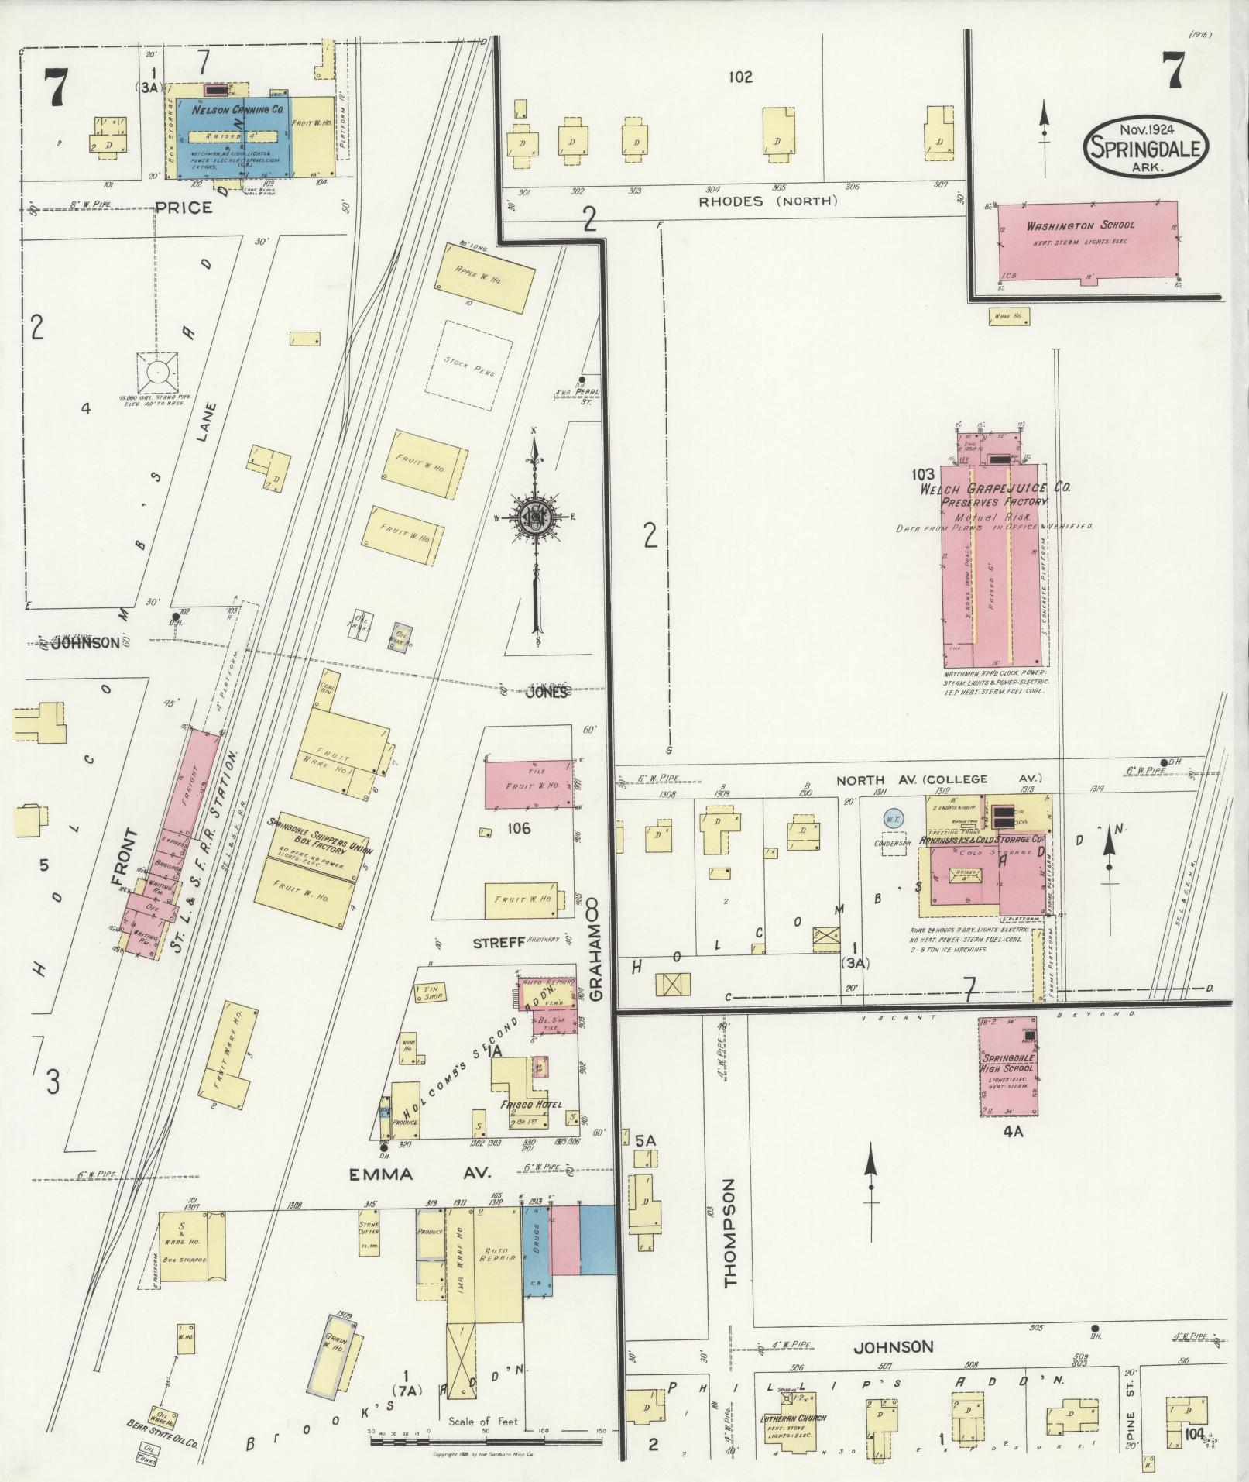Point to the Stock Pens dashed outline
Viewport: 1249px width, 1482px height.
[x=470, y=366]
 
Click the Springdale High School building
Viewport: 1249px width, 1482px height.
[x=1007, y=1066]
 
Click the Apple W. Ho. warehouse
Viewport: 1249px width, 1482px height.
[x=484, y=278]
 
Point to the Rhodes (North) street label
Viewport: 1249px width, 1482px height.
[x=767, y=201]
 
